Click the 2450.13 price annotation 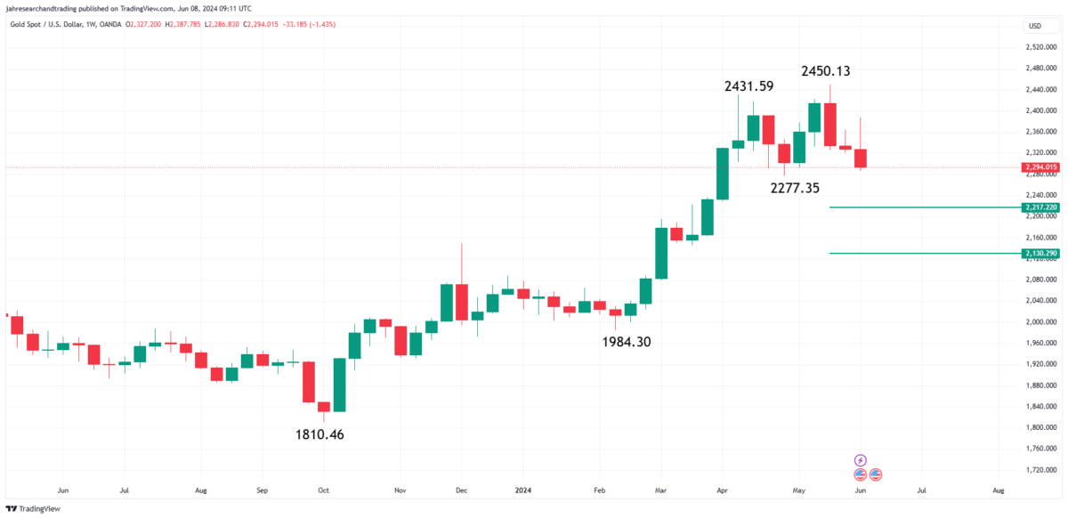coord(832,70)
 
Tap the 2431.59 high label coord(748,86)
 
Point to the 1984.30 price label coord(626,341)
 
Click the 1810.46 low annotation coord(320,434)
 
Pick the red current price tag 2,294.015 coord(1040,166)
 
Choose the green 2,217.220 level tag coord(1040,207)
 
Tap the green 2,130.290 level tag coord(1040,254)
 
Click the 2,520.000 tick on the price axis coord(1040,47)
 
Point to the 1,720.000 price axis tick coord(1040,469)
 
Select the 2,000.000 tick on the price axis coord(1040,321)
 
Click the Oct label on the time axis coord(324,490)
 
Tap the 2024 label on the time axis coord(523,490)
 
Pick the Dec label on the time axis coord(461,490)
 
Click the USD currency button coord(1035,25)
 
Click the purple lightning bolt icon coord(860,459)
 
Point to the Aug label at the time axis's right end coord(999,490)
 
